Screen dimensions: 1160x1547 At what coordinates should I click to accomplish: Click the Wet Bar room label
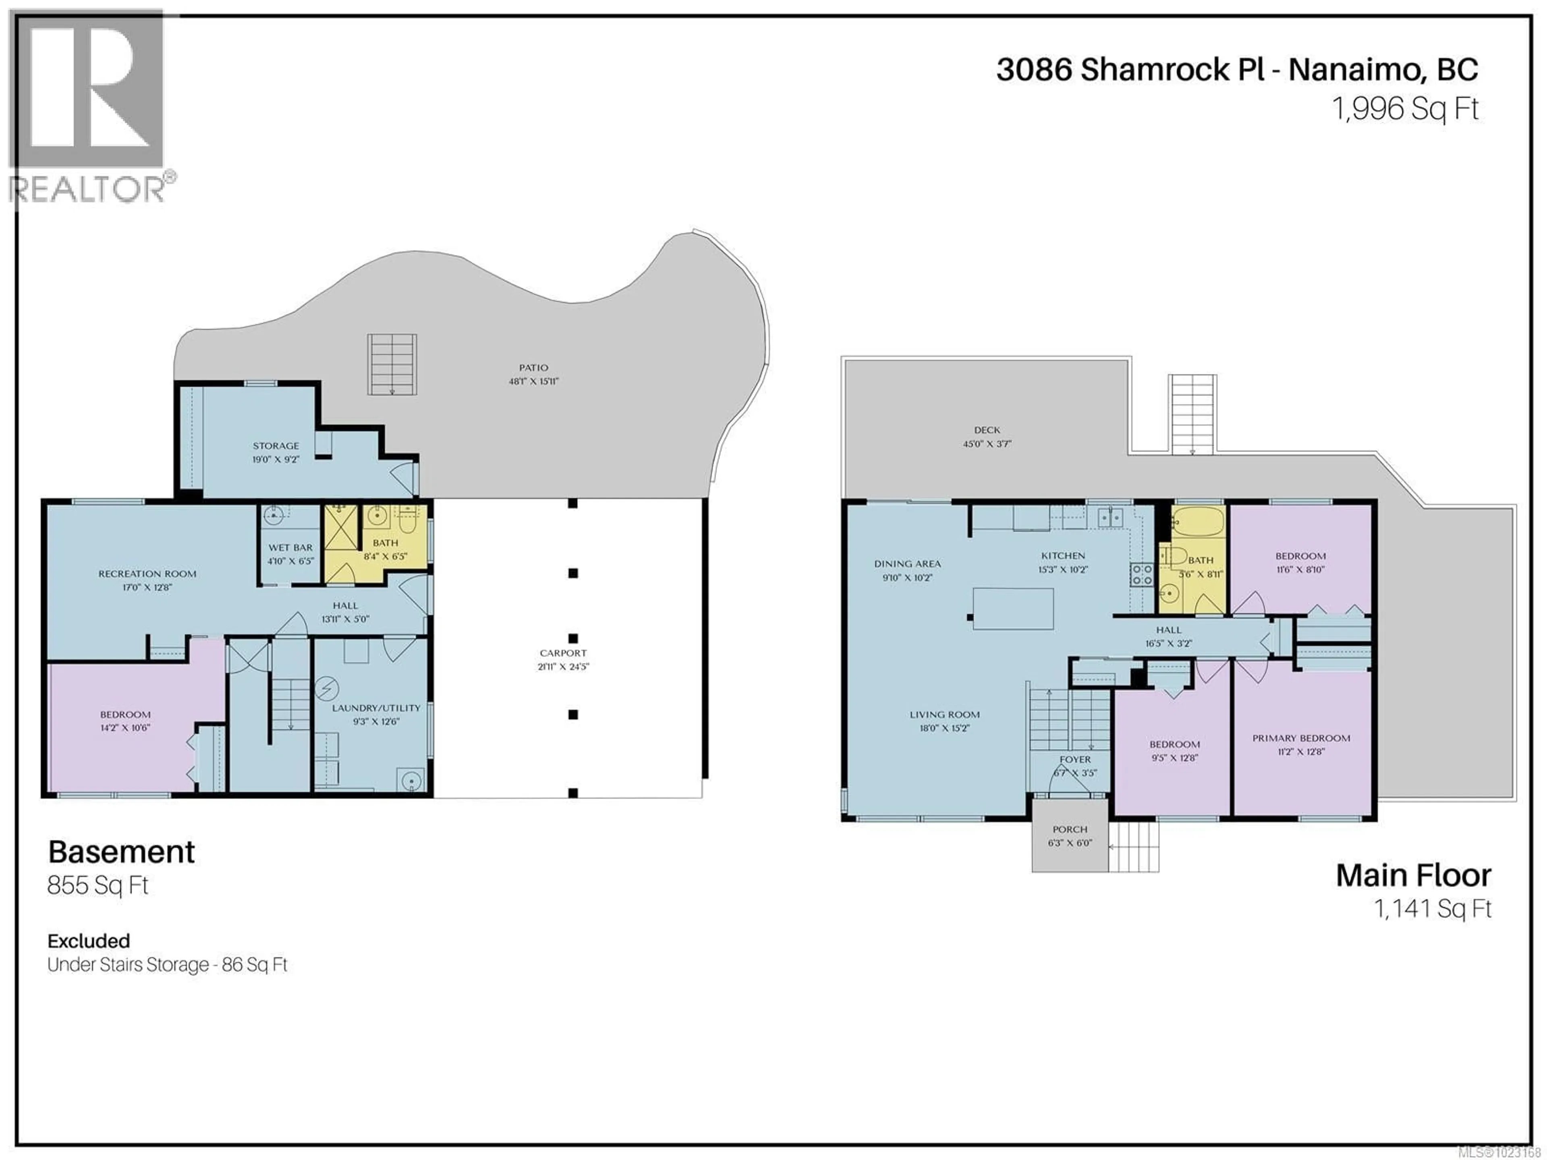(290, 547)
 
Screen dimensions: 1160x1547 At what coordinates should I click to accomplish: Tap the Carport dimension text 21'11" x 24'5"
(563, 667)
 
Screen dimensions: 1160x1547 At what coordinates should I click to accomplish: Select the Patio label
(534, 368)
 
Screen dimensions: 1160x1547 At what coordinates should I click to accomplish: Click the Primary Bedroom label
(1301, 738)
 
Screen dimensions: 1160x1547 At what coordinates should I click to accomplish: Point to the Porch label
(1070, 829)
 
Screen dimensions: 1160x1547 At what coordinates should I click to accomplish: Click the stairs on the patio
(392, 364)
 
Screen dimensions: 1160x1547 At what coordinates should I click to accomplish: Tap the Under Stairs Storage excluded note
(167, 965)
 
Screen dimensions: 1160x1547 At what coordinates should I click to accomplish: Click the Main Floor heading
(1413, 875)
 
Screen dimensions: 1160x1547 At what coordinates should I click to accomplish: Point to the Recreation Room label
(147, 574)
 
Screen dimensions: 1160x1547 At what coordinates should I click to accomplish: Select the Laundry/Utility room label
(376, 708)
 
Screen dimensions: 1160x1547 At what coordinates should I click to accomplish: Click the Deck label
(987, 430)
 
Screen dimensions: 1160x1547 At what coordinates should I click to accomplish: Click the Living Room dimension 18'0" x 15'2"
(944, 728)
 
